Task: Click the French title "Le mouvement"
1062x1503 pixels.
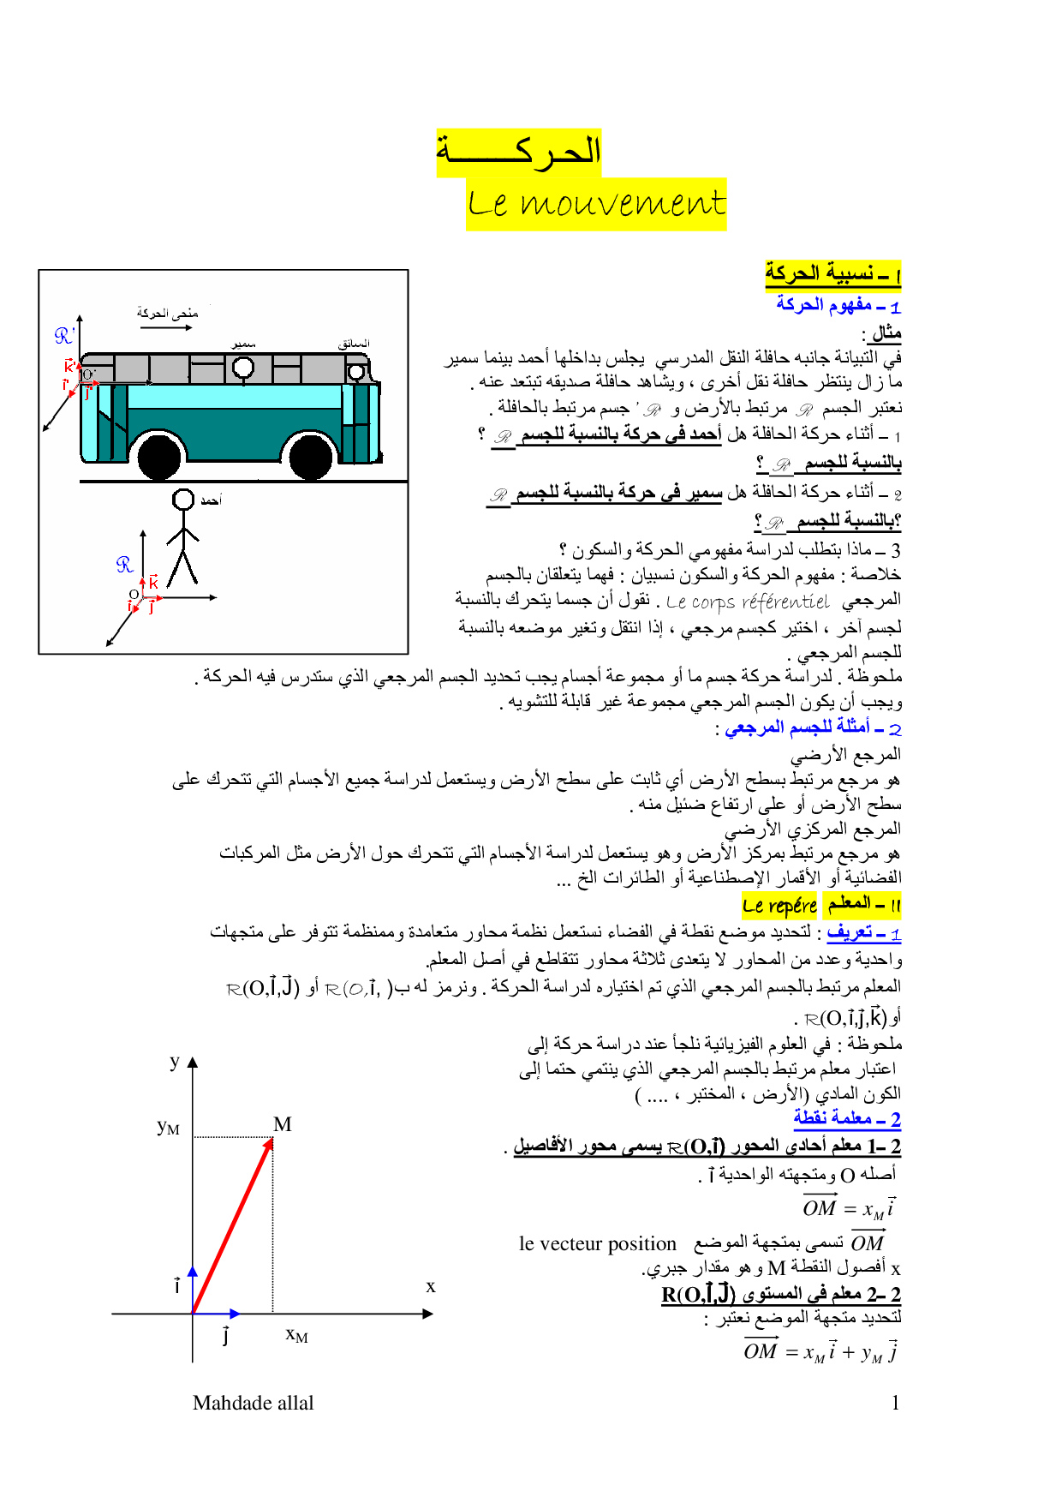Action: tap(596, 204)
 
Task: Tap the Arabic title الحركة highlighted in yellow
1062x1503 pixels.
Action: tap(519, 153)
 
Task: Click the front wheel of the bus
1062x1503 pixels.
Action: tap(311, 457)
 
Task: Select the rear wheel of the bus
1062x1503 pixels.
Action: tap(160, 457)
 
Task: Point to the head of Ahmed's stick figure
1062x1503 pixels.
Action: tap(183, 500)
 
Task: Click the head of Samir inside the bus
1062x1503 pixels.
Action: tap(243, 368)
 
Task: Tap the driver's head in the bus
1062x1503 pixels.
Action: tap(355, 371)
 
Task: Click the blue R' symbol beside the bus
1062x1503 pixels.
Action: tap(64, 336)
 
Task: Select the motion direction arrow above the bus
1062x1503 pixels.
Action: tap(166, 327)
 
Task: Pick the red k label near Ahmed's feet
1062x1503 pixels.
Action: tap(153, 583)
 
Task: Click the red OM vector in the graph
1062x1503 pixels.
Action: tap(232, 1226)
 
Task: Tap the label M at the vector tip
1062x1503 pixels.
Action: tap(283, 1124)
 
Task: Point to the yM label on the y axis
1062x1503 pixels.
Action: tap(168, 1127)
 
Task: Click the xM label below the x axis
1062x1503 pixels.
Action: tap(296, 1335)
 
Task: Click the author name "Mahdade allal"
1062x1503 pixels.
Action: tap(254, 1403)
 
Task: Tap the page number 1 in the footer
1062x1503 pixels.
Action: tap(895, 1403)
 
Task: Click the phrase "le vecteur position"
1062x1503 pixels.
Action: tap(597, 1243)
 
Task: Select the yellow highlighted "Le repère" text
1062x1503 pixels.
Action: tap(779, 905)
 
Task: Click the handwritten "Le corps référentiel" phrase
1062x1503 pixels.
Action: tap(747, 602)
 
